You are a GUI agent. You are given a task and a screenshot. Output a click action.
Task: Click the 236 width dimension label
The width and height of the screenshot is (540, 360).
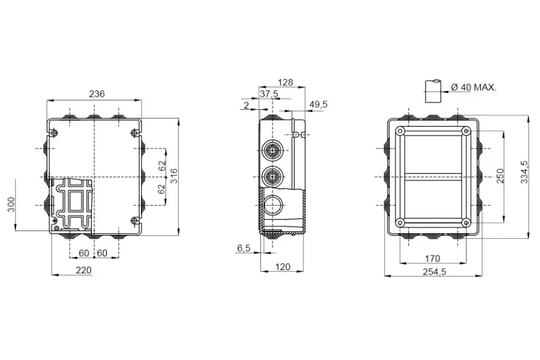click(x=97, y=94)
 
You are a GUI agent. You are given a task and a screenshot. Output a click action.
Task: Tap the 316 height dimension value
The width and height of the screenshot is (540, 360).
click(x=174, y=176)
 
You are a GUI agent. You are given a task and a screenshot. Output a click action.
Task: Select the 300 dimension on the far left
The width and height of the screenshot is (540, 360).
click(x=11, y=204)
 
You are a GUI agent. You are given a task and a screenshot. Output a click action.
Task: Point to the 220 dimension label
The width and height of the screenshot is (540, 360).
click(x=84, y=271)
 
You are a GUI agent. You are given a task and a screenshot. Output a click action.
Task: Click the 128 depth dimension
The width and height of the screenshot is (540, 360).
click(x=285, y=82)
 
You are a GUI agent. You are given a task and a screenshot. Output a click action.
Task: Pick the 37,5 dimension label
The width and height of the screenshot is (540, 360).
click(x=269, y=94)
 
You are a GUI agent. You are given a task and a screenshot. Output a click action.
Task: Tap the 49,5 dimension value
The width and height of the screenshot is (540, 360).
click(x=318, y=105)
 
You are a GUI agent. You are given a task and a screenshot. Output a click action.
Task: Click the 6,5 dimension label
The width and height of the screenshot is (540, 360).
click(x=244, y=248)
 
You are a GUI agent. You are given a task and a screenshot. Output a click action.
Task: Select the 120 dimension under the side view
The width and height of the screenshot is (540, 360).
click(x=283, y=267)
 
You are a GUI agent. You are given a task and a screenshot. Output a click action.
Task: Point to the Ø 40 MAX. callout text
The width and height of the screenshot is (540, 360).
click(x=474, y=88)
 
